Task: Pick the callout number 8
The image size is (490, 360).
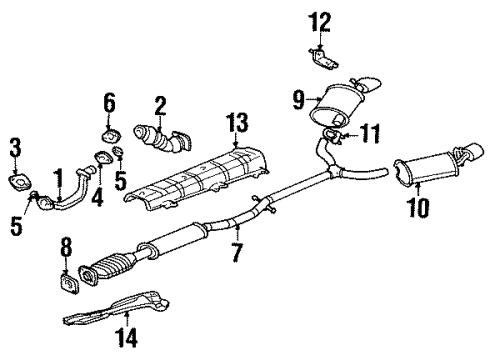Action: click(x=67, y=245)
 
